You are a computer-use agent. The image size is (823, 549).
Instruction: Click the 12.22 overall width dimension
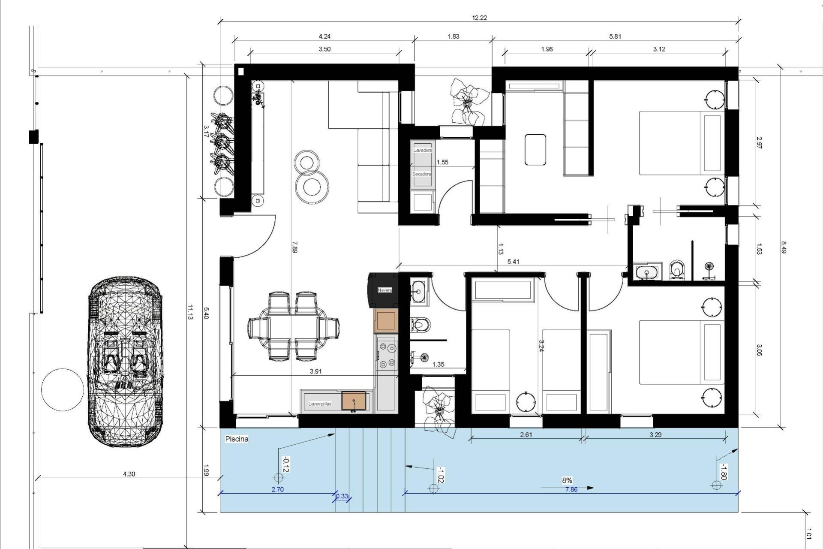[x=479, y=18]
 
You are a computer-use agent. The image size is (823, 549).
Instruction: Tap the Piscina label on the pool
[x=237, y=439]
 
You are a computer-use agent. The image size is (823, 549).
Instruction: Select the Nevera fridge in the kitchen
[x=384, y=290]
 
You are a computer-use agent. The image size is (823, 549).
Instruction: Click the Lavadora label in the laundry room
[x=423, y=151]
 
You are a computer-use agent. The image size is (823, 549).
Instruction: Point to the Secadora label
[x=422, y=174]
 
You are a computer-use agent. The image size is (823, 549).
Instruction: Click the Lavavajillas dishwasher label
[x=320, y=404]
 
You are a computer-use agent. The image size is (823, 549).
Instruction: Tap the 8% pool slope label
[x=567, y=480]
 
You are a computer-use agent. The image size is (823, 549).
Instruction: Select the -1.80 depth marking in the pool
[x=723, y=472]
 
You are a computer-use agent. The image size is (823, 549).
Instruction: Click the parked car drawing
[x=125, y=361]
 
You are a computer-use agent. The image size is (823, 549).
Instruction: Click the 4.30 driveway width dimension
[x=129, y=474]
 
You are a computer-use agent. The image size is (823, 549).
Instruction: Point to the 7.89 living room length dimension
[x=294, y=247]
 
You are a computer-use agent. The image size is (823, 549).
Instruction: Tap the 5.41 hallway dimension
[x=513, y=262]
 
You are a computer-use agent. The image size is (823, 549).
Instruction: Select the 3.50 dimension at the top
[x=324, y=49]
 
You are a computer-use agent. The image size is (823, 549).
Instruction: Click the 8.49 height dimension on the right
[x=784, y=247]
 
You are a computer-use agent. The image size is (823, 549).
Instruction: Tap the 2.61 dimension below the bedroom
[x=526, y=434]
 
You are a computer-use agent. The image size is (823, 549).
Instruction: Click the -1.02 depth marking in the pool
[x=440, y=475]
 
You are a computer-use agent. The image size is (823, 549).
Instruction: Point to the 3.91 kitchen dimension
[x=315, y=371]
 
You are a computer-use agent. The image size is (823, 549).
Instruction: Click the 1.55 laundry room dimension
[x=442, y=162]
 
